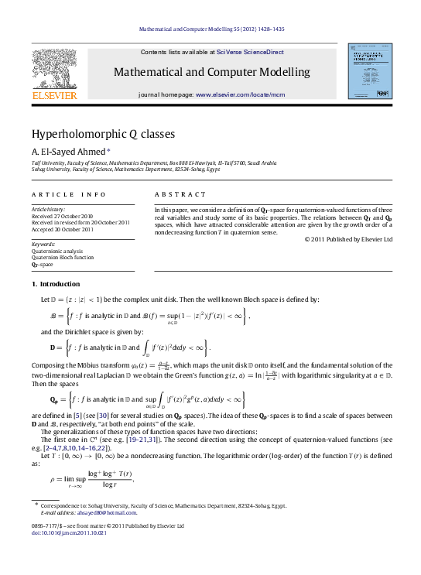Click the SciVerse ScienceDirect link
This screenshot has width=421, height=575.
(250, 52)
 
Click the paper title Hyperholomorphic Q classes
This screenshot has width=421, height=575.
(103, 134)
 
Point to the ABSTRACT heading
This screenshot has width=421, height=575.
(180, 194)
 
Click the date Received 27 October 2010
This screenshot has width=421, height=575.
(62, 216)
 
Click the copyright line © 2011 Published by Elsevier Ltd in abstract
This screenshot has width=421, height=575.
(349, 239)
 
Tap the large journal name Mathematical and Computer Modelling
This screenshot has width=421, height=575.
(211, 73)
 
